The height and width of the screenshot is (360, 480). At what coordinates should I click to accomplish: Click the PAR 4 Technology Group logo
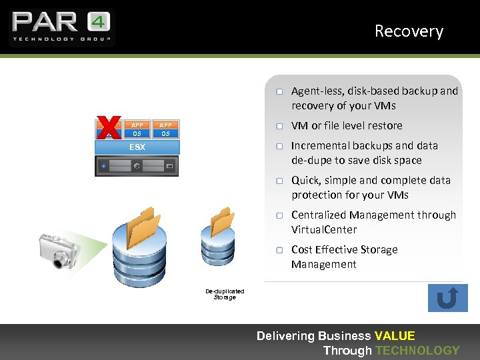click(61, 27)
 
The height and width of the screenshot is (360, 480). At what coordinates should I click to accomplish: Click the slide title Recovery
click(408, 31)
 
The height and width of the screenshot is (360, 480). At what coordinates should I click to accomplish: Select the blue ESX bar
click(137, 147)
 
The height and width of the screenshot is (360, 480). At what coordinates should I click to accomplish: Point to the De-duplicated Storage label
click(225, 294)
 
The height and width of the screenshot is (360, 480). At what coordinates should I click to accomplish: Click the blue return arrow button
click(447, 298)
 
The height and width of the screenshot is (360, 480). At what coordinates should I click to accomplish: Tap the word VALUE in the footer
click(395, 336)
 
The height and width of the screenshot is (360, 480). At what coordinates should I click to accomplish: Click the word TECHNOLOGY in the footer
click(417, 351)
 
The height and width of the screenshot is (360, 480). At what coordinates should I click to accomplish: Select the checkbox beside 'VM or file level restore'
click(281, 126)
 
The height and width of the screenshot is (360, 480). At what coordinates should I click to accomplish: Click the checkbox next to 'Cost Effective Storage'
click(281, 250)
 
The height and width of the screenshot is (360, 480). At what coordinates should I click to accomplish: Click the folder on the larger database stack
click(144, 227)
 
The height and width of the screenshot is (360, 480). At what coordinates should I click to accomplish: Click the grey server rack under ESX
click(137, 165)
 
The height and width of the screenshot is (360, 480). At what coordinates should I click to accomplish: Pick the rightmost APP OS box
click(165, 129)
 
